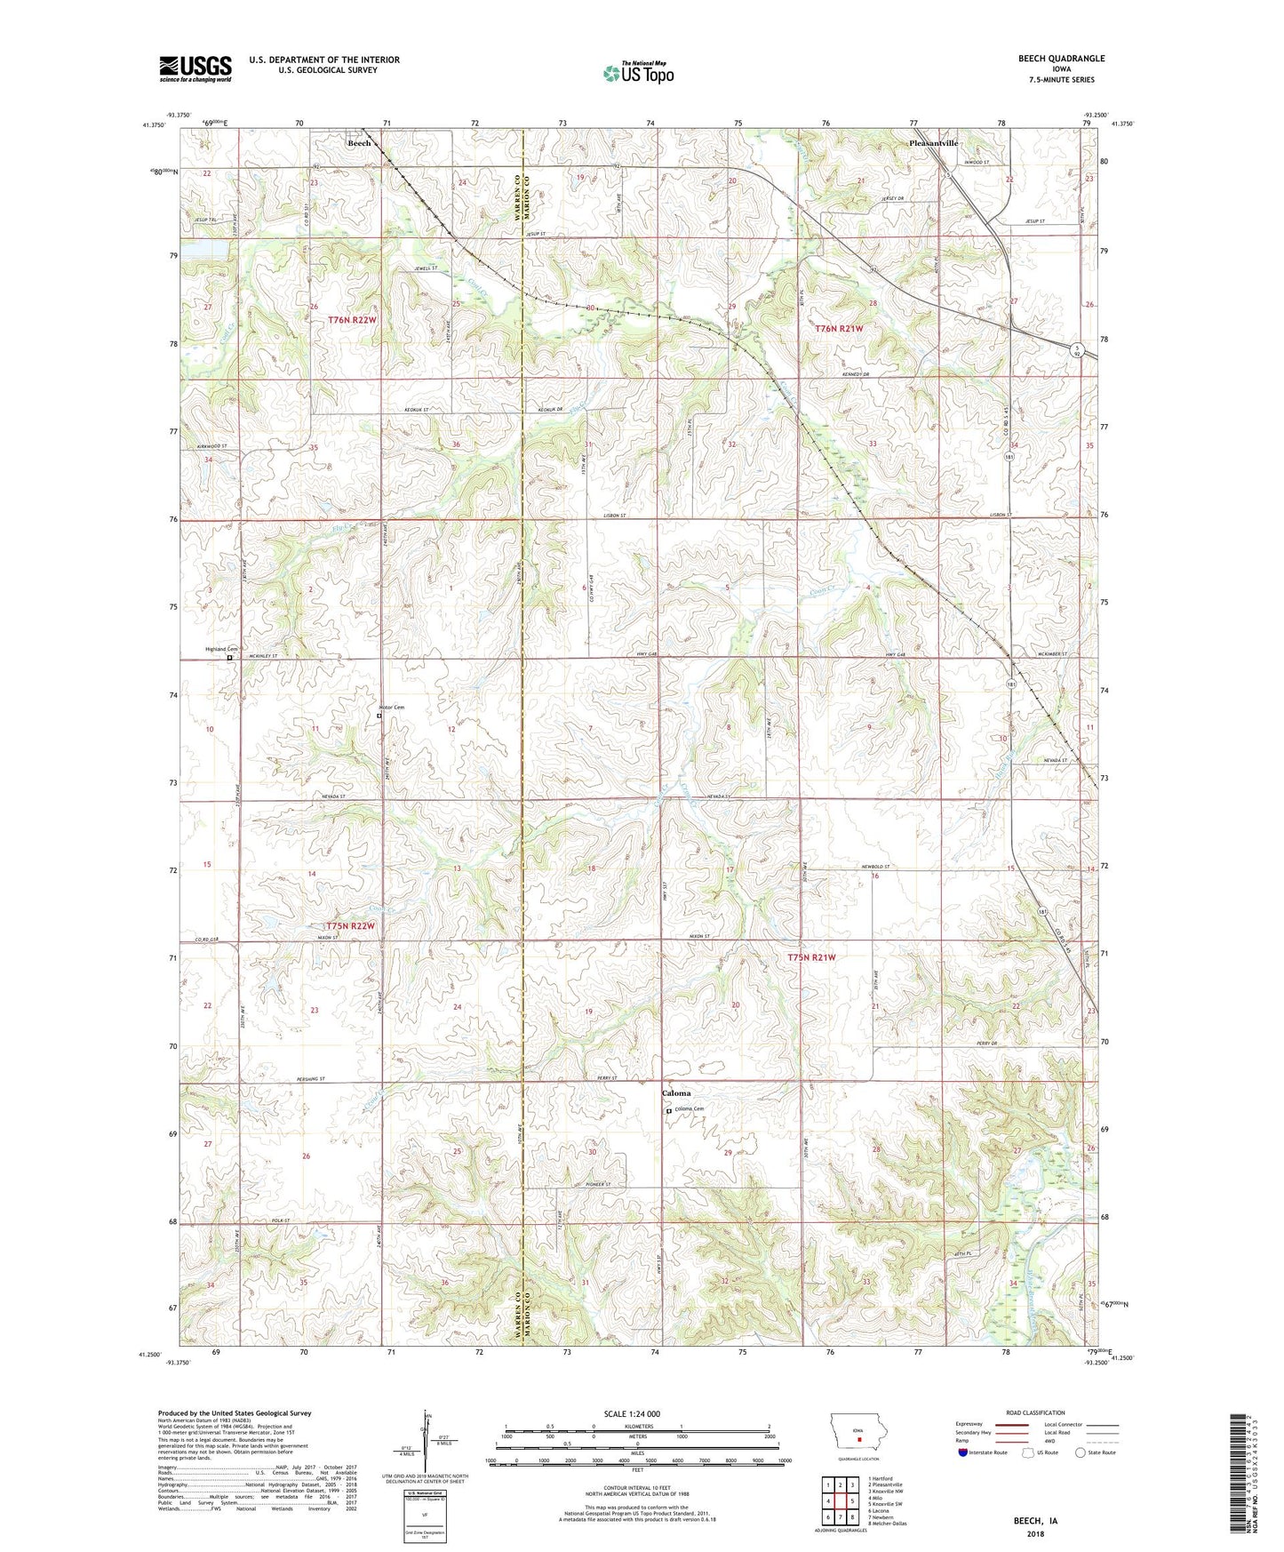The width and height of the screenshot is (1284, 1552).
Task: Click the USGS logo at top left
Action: point(195,68)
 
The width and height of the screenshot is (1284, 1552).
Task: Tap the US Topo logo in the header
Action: point(637,72)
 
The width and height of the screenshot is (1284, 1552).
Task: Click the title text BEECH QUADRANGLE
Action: point(1061,59)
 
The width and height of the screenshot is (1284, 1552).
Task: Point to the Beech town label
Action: point(359,143)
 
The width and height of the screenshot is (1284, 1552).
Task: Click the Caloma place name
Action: point(675,1093)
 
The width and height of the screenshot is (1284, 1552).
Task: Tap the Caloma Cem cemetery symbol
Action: point(669,1110)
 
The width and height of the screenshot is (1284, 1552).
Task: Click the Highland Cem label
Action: point(221,649)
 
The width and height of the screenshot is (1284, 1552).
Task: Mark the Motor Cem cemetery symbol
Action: point(379,715)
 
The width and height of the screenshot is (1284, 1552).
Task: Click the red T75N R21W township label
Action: point(811,957)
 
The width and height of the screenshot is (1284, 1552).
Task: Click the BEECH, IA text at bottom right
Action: point(1035,1521)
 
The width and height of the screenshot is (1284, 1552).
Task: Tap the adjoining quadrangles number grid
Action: point(840,1502)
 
